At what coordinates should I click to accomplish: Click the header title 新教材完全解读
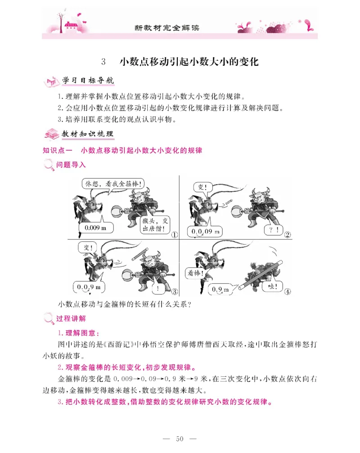[167, 27]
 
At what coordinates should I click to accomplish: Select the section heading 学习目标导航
[88, 82]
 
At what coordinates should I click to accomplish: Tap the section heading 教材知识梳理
[88, 134]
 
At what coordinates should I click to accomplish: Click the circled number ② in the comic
[286, 234]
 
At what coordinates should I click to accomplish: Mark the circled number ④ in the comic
[286, 291]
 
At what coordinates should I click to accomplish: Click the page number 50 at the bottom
[180, 439]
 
